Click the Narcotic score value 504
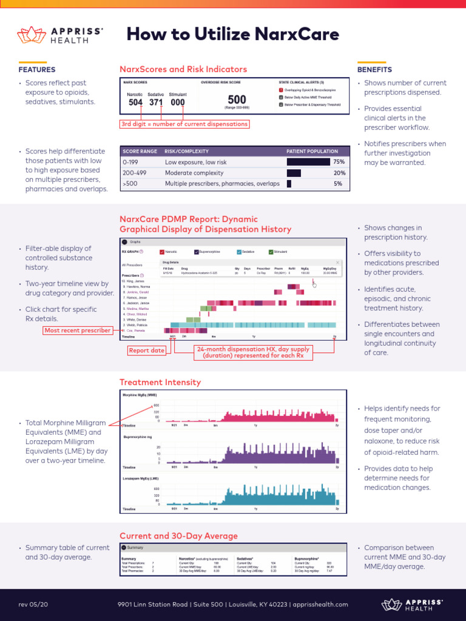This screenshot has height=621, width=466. click(x=136, y=102)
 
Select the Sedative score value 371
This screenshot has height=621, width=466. click(x=156, y=102)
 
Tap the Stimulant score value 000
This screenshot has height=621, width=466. click(x=177, y=102)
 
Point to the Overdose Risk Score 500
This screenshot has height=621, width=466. click(x=237, y=99)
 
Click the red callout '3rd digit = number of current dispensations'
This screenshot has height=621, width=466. click(x=184, y=124)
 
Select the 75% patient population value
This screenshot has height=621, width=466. click(x=339, y=162)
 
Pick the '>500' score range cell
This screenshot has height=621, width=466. click(x=130, y=184)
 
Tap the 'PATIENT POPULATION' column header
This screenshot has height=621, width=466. click(x=312, y=151)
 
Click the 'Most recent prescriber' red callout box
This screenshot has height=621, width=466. click(x=77, y=331)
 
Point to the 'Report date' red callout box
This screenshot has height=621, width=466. click(x=146, y=351)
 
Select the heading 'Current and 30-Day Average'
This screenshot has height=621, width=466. click(x=178, y=536)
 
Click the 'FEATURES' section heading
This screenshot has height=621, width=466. click(x=37, y=70)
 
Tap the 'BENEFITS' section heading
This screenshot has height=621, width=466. click(x=374, y=70)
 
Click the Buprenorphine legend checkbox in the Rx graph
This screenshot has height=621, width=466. click(x=197, y=251)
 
